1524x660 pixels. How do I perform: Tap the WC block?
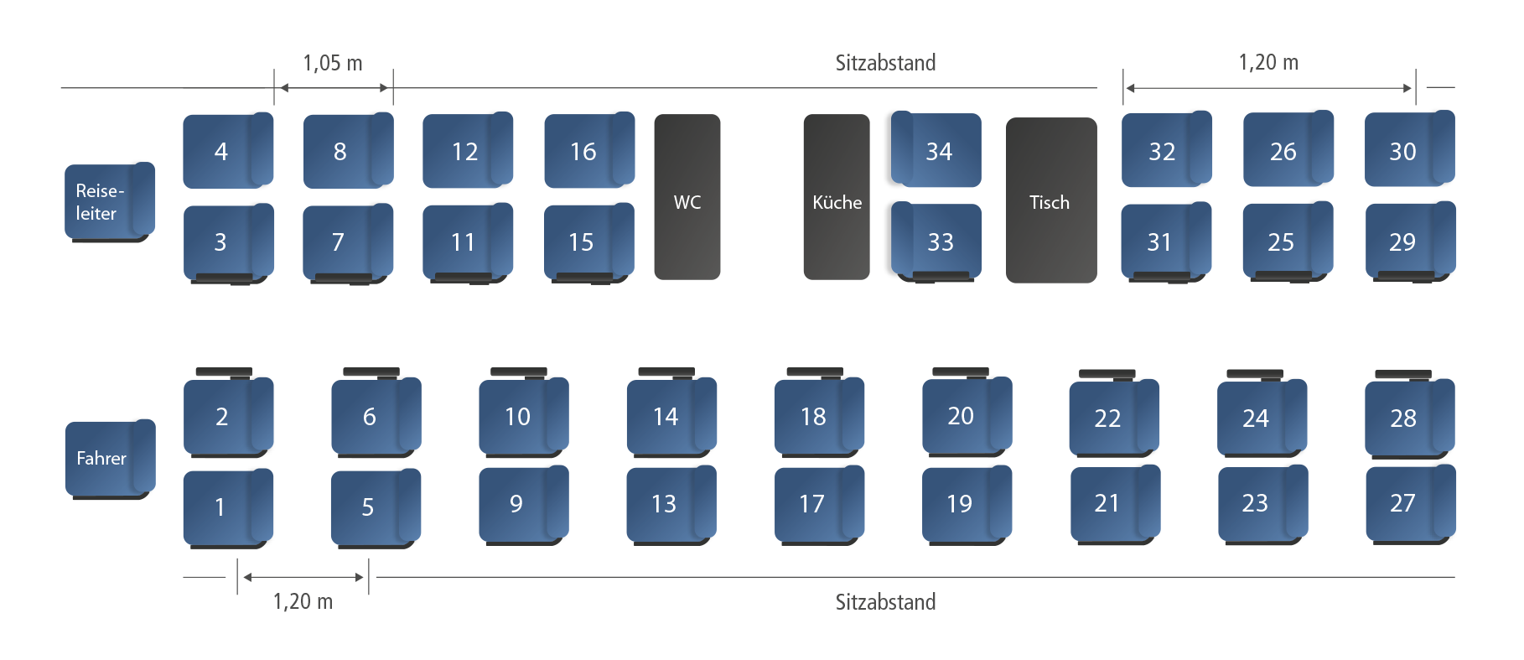[687, 198]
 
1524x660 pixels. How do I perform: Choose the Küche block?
[836, 198]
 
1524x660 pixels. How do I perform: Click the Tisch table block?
[1050, 200]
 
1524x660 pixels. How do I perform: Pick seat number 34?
[937, 151]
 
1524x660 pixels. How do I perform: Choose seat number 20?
[965, 415]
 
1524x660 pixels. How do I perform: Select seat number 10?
[521, 416]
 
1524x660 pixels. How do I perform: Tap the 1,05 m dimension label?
[333, 64]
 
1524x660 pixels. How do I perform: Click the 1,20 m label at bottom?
[303, 600]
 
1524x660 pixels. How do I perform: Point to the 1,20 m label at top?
[1268, 63]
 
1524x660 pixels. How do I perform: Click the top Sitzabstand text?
[885, 64]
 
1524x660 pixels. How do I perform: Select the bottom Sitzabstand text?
[885, 601]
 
